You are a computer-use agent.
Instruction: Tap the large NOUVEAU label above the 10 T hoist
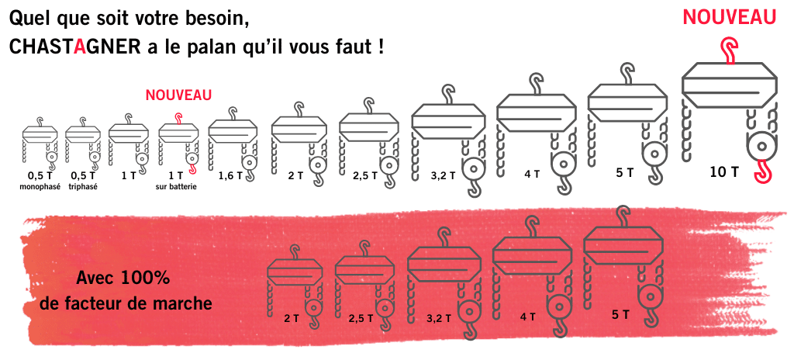(x=729, y=16)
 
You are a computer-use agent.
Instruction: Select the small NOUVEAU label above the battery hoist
(x=178, y=95)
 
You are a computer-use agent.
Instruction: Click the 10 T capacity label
(x=724, y=172)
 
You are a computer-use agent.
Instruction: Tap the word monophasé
(x=40, y=186)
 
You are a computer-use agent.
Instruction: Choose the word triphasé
(x=83, y=186)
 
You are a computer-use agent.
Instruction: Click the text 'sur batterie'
(x=176, y=186)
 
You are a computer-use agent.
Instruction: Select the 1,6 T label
(x=229, y=176)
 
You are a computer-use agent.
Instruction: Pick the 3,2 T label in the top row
(x=441, y=176)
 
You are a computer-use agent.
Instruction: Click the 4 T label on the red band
(x=527, y=317)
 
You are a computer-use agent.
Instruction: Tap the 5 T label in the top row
(x=624, y=172)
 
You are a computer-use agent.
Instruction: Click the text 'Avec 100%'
(x=123, y=279)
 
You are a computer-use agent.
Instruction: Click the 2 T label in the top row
(x=295, y=176)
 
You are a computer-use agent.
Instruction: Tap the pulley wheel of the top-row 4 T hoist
(x=563, y=163)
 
